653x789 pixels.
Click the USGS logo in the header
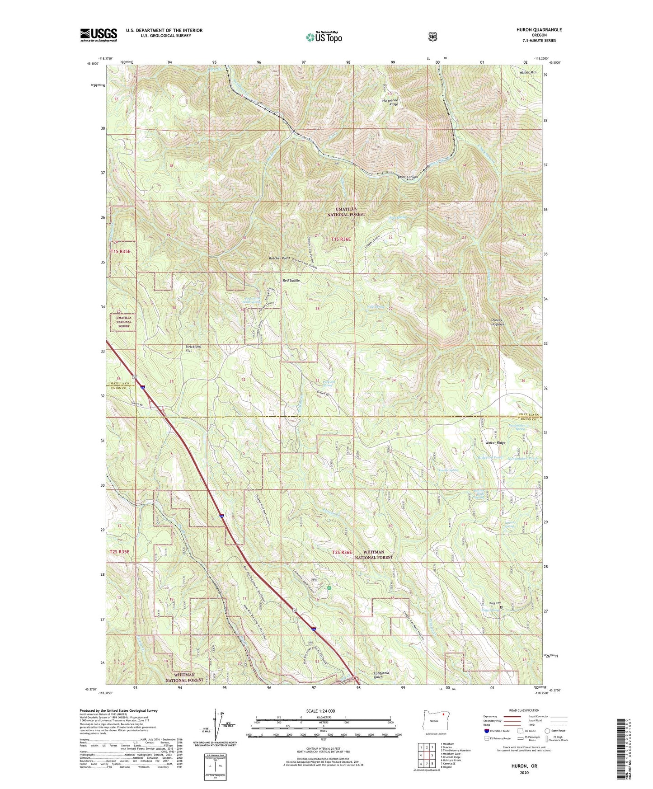[99, 35]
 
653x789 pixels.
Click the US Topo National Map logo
[323, 37]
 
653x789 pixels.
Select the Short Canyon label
[407, 177]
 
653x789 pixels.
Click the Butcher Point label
[279, 258]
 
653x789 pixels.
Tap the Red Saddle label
[291, 281]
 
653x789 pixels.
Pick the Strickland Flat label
[193, 348]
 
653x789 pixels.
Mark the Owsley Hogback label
[498, 322]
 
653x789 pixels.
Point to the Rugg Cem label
[494, 603]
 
